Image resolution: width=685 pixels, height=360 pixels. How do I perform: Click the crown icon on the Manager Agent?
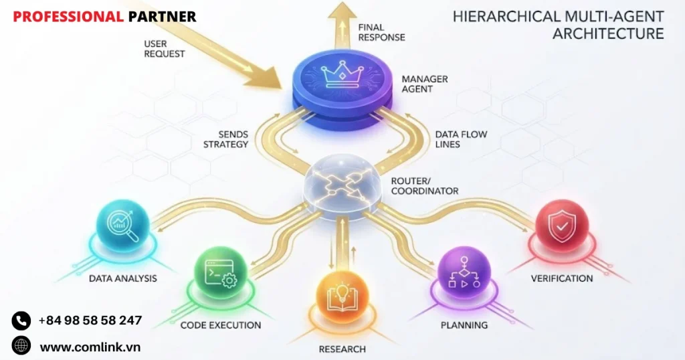pos(342,75)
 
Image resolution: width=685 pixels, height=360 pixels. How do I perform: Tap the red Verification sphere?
pos(562,226)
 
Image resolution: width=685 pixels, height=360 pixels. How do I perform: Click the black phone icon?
pos(21,321)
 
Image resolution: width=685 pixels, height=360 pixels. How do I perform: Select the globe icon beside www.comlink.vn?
pos(21,346)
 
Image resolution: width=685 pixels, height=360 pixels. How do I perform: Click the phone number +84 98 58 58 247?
pos(90,321)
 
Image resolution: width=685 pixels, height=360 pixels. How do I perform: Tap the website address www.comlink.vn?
pos(90,347)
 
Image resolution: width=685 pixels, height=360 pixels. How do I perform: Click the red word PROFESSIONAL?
pos(68,17)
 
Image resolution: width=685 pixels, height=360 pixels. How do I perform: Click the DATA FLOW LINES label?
pos(461,139)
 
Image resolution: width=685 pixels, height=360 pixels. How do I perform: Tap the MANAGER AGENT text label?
pos(425,84)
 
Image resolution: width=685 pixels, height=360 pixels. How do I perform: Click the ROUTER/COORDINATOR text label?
pos(425,186)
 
